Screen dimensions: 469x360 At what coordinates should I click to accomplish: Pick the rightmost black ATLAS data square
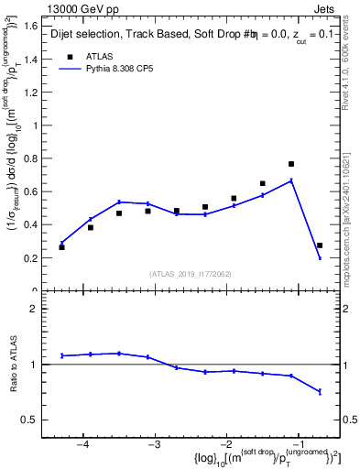tap(320, 245)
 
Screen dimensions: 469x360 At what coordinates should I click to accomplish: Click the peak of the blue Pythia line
tap(291, 180)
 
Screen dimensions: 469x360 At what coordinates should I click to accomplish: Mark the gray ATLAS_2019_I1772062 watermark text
tap(191, 274)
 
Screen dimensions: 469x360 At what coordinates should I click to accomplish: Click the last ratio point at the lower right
tap(320, 391)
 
